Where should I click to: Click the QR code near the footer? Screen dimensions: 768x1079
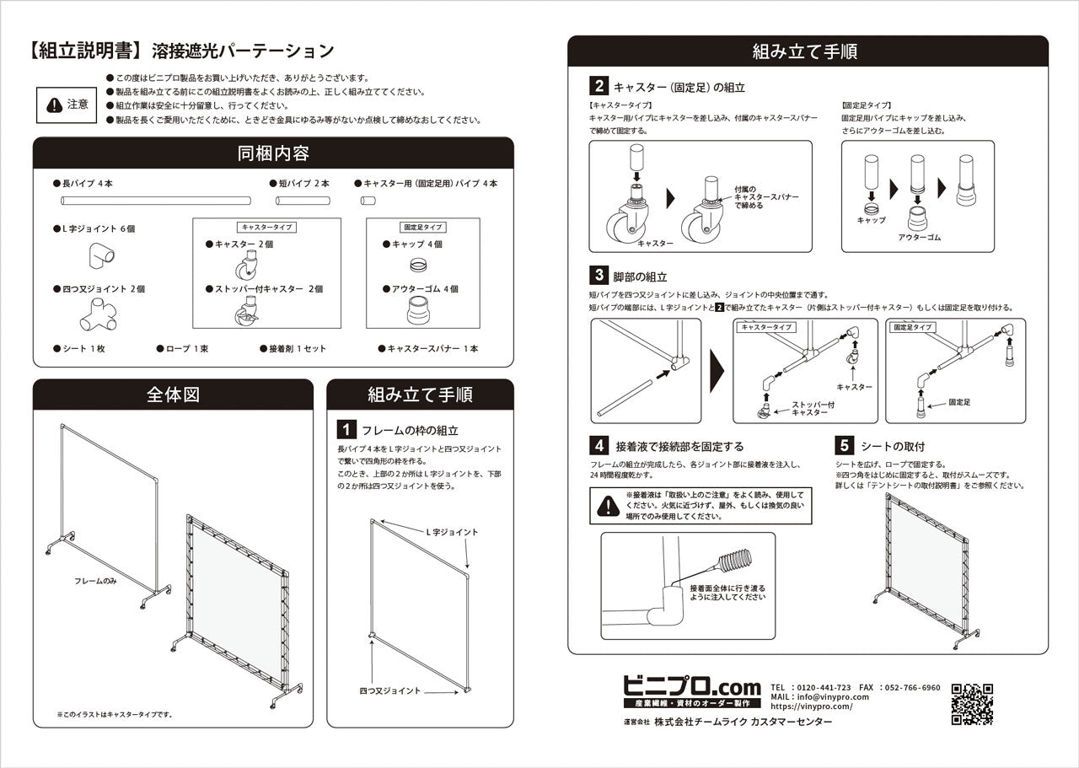click(x=972, y=704)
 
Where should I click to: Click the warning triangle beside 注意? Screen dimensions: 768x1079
click(x=55, y=105)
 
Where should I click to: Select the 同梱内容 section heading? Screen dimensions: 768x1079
click(x=272, y=153)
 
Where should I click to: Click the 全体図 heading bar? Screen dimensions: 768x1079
click(x=173, y=395)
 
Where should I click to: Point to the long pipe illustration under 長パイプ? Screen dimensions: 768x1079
click(x=156, y=201)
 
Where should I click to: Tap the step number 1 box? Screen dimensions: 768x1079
click(x=346, y=430)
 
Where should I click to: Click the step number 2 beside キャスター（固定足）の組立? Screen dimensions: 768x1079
click(x=599, y=86)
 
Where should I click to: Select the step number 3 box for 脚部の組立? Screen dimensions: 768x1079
click(x=599, y=275)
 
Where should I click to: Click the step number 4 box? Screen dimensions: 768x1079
click(x=599, y=445)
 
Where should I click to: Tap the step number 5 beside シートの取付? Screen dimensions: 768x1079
click(x=844, y=445)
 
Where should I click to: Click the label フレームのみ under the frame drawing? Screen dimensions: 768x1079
click(x=94, y=582)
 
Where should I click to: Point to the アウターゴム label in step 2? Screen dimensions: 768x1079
click(x=919, y=238)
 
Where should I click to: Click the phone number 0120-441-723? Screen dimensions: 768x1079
click(x=822, y=687)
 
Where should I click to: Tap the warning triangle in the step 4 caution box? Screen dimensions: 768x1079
click(x=607, y=506)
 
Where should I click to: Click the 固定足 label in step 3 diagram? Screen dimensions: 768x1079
click(x=959, y=402)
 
